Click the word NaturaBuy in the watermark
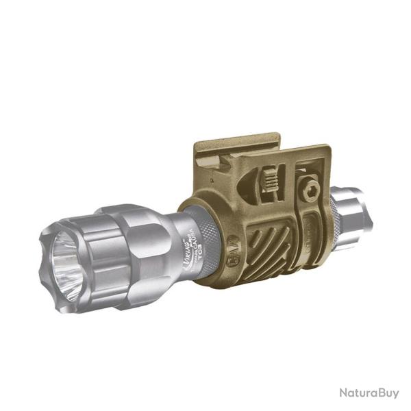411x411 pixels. [368, 393]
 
